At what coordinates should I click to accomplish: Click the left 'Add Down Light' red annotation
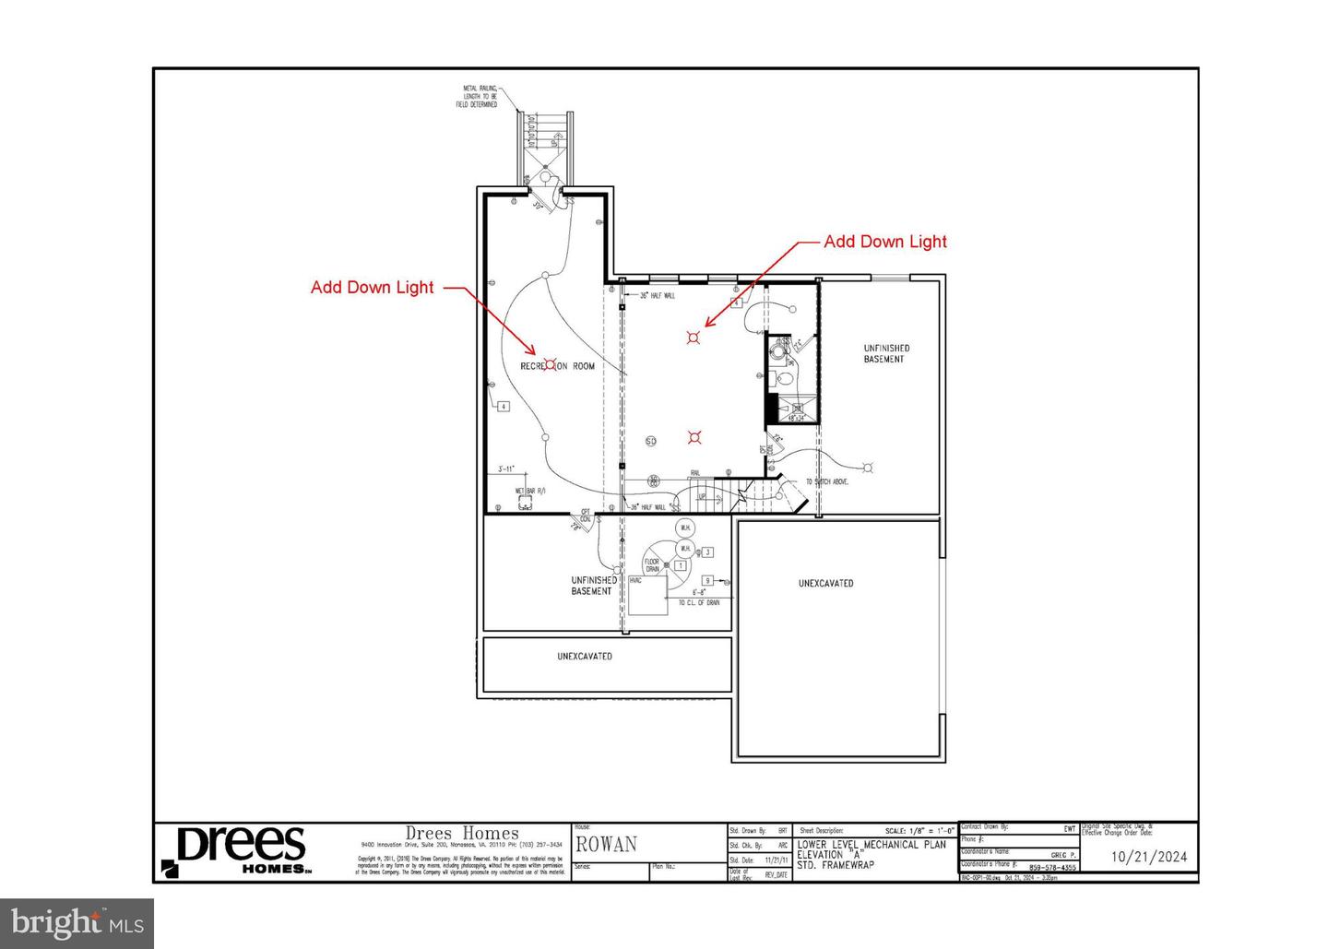[x=372, y=287]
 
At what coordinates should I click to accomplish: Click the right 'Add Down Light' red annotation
[x=884, y=242]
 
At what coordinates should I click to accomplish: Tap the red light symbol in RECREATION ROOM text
[x=551, y=365]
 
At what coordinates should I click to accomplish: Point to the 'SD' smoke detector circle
[x=650, y=441]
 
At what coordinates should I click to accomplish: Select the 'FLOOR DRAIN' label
[x=652, y=565]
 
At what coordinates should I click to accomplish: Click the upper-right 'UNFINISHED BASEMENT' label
[x=885, y=353]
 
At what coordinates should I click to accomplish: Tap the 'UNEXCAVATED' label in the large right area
[x=825, y=583]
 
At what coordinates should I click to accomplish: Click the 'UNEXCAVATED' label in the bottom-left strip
[x=584, y=657]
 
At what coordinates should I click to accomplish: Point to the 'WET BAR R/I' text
[x=530, y=491]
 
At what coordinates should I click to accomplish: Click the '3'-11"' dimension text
[x=506, y=468]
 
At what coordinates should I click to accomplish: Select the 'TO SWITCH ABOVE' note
[x=827, y=481]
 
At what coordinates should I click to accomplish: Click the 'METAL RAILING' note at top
[x=480, y=97]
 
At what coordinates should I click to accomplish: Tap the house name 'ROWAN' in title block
[x=607, y=844]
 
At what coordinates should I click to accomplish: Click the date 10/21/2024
[x=1149, y=856]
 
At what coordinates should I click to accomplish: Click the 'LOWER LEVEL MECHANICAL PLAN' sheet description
[x=871, y=845]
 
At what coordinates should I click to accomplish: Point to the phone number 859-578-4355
[x=1052, y=867]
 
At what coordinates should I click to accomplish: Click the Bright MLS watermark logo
[x=76, y=921]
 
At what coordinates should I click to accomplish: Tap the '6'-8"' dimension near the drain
[x=699, y=592]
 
